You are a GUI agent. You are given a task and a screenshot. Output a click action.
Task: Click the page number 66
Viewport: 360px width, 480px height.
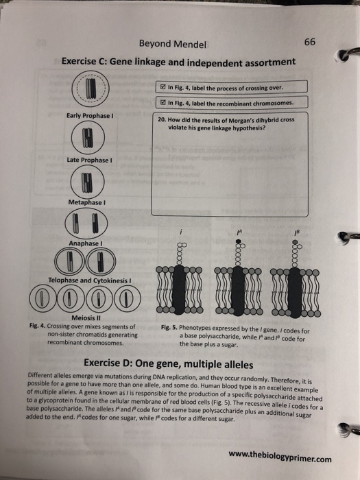309,42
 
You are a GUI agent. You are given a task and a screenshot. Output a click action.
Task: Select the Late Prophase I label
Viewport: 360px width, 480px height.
89,161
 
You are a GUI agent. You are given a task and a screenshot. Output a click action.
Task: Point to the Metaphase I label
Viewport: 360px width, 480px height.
89,202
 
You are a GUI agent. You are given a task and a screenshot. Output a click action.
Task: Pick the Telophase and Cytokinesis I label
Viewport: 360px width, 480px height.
89,280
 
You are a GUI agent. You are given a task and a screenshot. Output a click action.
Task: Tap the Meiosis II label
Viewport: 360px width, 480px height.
89,317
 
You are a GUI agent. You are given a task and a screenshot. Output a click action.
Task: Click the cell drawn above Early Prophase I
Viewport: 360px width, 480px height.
90,91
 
